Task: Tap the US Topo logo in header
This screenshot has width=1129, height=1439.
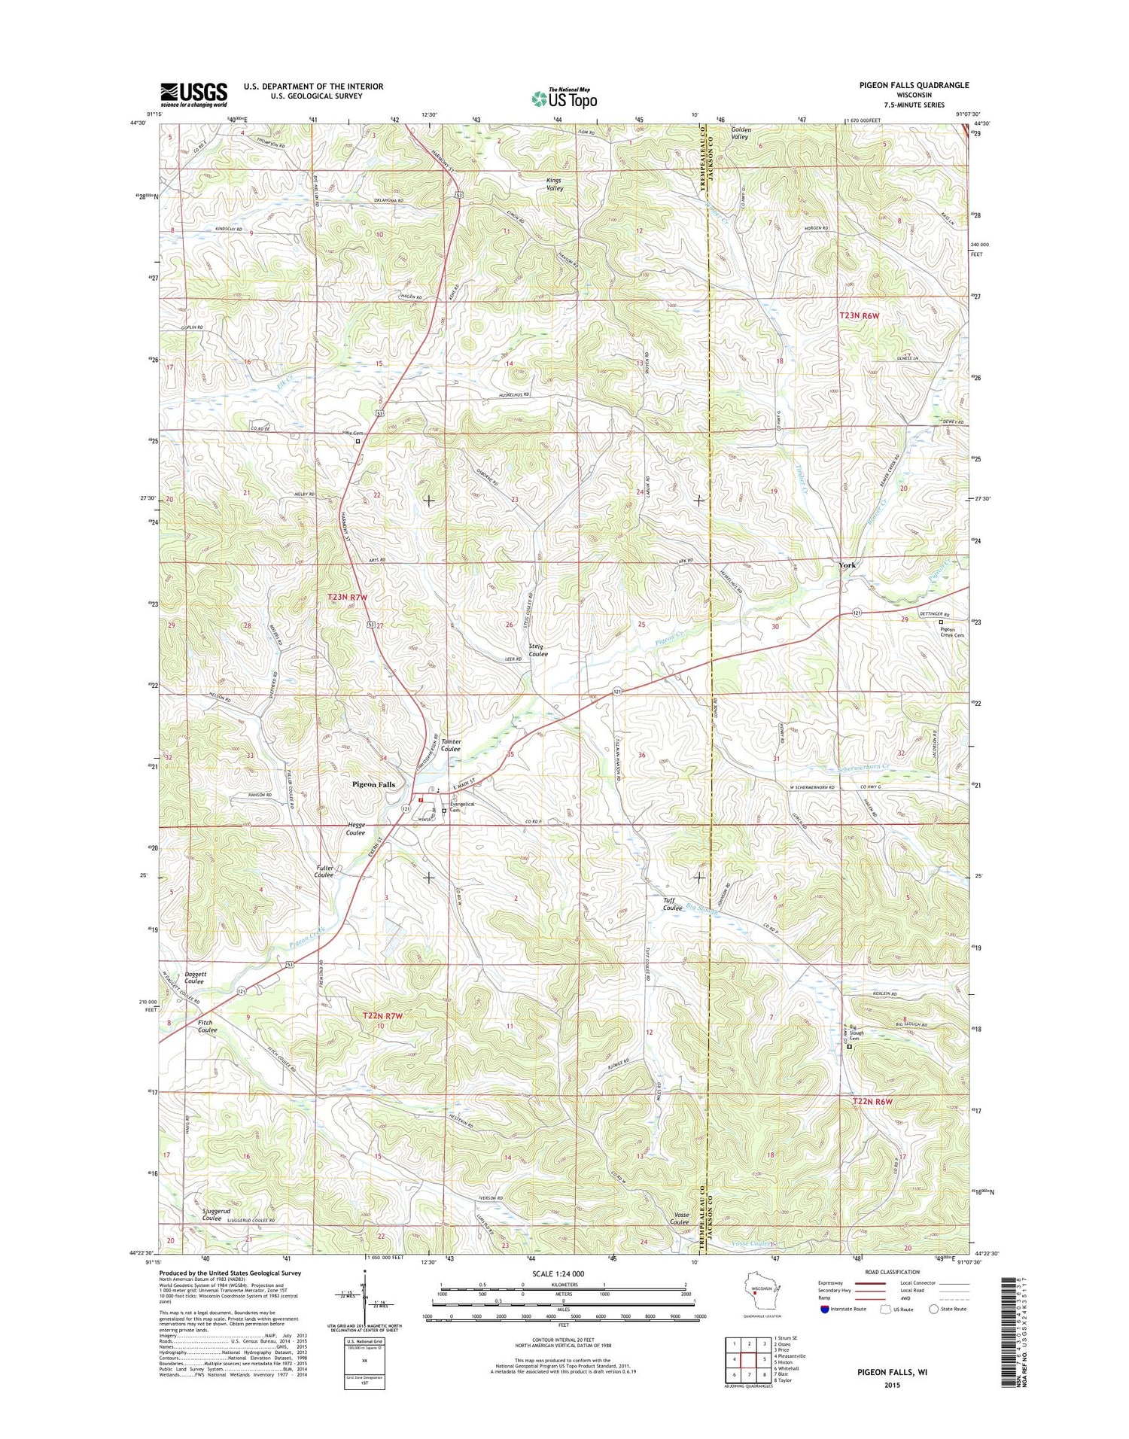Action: coord(564,98)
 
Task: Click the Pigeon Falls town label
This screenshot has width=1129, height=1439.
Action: coord(373,784)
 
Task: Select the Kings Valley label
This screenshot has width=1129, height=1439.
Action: coord(554,184)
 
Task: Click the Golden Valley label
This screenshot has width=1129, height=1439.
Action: coord(741,133)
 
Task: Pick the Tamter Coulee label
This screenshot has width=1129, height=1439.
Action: coord(451,745)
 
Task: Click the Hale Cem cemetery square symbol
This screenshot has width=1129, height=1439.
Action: coord(358,443)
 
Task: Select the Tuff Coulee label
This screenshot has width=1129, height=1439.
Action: coord(672,904)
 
